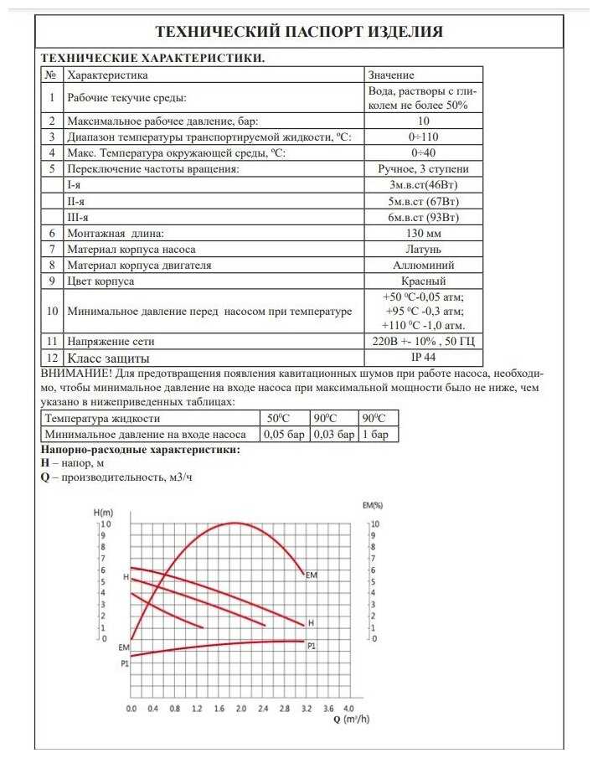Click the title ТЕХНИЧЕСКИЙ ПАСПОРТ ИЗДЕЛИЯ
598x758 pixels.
click(x=299, y=32)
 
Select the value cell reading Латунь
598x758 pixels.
click(x=424, y=249)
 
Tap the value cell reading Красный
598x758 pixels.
click(x=424, y=281)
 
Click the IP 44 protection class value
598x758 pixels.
click(x=424, y=357)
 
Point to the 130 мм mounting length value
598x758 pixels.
click(x=424, y=233)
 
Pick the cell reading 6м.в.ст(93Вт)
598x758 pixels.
click(x=424, y=217)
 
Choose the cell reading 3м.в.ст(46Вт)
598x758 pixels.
click(x=424, y=184)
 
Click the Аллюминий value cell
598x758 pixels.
click(x=424, y=266)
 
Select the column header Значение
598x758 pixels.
click(x=391, y=75)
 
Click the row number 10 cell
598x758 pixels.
click(x=52, y=311)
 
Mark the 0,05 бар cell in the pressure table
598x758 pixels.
click(x=285, y=435)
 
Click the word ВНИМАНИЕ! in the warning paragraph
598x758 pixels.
click(x=77, y=372)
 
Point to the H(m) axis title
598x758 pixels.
click(x=104, y=512)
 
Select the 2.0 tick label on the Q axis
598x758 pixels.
click(x=240, y=709)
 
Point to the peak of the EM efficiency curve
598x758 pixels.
click(x=235, y=523)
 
